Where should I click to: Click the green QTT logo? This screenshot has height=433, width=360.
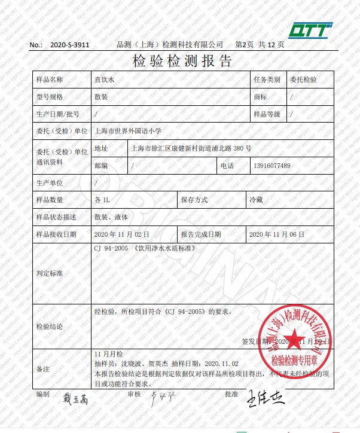click(x=309, y=29)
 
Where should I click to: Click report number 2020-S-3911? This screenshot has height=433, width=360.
click(x=69, y=45)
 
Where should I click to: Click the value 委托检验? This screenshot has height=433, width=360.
click(x=303, y=80)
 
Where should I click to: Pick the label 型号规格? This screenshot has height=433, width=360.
click(x=50, y=97)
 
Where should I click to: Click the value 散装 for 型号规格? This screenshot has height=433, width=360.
click(x=101, y=97)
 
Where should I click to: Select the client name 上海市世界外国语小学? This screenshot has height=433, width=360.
click(x=128, y=130)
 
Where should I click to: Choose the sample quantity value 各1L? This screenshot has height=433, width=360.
click(x=102, y=200)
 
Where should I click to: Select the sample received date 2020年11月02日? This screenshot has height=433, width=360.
click(x=123, y=234)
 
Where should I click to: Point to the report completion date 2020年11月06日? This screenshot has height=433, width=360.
click(x=277, y=234)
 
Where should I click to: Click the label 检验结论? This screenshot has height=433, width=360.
click(x=50, y=327)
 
